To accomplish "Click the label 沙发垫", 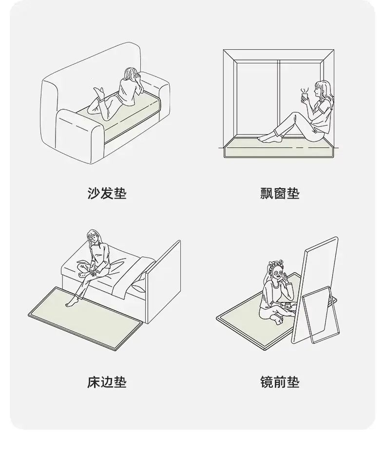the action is [107, 193].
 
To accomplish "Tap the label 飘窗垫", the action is [280, 193].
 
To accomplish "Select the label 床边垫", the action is [107, 382].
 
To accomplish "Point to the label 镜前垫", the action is [280, 382].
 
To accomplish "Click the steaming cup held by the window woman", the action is [305, 96].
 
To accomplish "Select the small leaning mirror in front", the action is [320, 316].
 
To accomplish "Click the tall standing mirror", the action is [315, 289].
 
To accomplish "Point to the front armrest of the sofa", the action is [79, 133].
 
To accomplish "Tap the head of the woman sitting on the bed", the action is [94, 237].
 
